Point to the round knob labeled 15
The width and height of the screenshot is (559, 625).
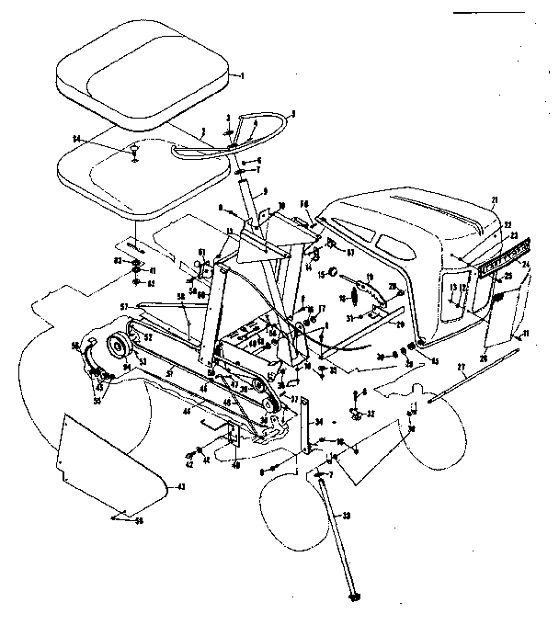(x=334, y=273)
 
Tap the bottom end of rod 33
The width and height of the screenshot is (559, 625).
(x=350, y=597)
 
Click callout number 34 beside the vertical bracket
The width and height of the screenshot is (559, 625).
(x=319, y=424)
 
